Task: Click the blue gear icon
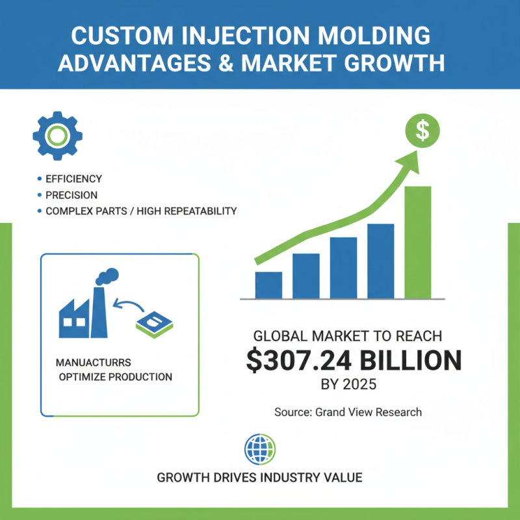point(57,135)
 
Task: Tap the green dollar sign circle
point(422,130)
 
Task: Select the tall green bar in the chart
point(417,242)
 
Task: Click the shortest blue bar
point(268,285)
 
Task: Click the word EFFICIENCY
point(73,179)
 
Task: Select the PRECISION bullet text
point(71,195)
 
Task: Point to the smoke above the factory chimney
point(107,276)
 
